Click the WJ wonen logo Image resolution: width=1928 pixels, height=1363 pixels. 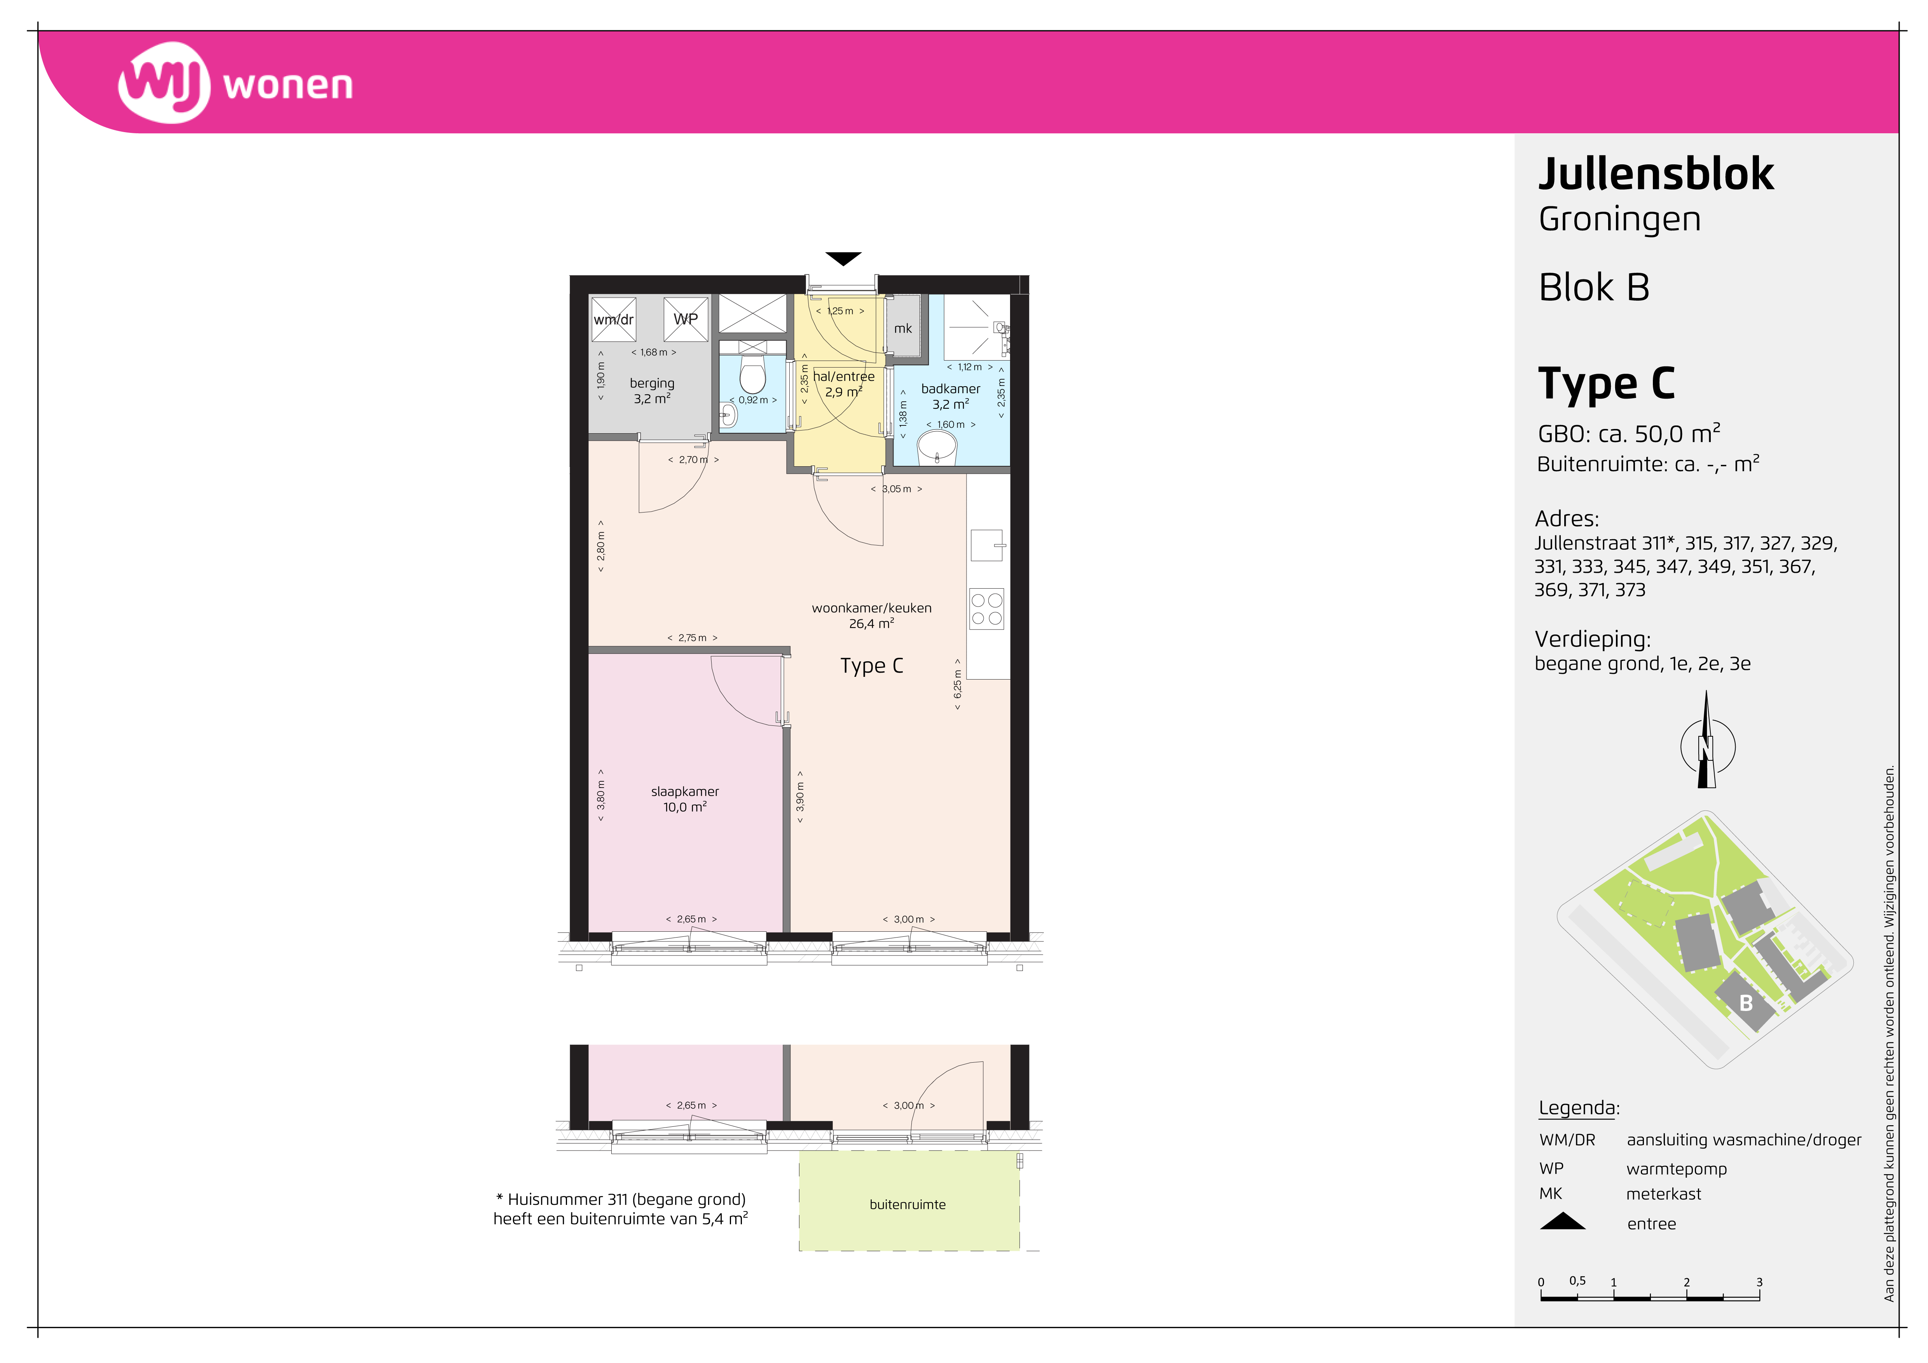pyautogui.click(x=235, y=83)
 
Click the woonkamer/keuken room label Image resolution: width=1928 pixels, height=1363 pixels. pyautogui.click(x=872, y=608)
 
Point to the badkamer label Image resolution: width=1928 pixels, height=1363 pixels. pyautogui.click(x=951, y=389)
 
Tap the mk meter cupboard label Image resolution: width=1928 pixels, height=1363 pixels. pyautogui.click(x=903, y=328)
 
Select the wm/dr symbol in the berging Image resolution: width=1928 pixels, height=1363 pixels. pyautogui.click(x=614, y=319)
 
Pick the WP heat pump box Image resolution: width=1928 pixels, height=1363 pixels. pyautogui.click(x=686, y=319)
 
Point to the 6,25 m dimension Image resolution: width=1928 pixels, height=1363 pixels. pyautogui.click(x=957, y=684)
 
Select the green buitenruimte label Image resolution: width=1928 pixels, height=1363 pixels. pyautogui.click(x=908, y=1204)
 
